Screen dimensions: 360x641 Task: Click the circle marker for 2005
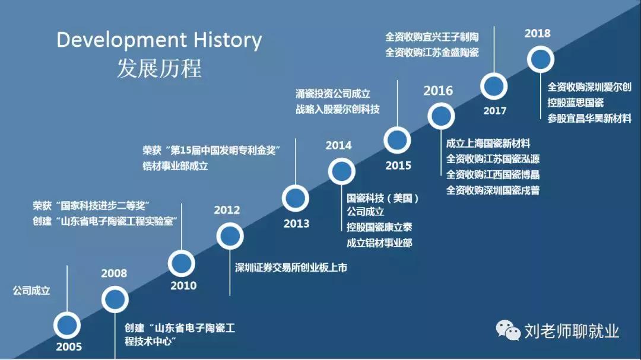tap(67, 324)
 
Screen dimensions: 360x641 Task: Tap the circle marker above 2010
tap(182, 263)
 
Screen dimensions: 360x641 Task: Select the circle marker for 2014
tap(341, 171)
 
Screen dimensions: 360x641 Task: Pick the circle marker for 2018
tap(540, 59)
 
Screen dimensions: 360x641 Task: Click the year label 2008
tap(114, 273)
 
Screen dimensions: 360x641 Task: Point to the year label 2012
tap(227, 210)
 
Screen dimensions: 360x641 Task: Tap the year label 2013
tap(296, 224)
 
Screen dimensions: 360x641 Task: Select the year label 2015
tap(398, 165)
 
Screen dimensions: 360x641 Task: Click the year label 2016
tap(438, 91)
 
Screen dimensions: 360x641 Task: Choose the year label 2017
tap(494, 110)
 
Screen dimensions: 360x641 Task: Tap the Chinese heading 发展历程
tap(158, 68)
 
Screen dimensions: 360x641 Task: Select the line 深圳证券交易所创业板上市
tap(291, 267)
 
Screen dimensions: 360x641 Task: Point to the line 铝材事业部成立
tap(175, 166)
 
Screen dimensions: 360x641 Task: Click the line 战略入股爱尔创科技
tap(337, 109)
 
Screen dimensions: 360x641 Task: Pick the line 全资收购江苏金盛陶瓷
tap(431, 52)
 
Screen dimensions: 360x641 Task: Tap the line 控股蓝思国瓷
tap(575, 103)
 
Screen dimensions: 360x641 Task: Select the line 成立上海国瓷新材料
tap(488, 143)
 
